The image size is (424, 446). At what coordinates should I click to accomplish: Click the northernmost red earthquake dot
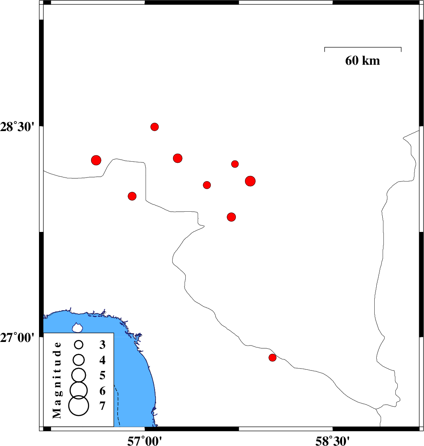point(155,127)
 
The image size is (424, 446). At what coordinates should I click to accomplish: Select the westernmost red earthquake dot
point(96,160)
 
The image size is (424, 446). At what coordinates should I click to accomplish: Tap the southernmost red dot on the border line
point(272,357)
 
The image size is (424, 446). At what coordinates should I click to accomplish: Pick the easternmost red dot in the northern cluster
point(250,181)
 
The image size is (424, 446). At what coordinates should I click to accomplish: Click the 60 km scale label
point(362,61)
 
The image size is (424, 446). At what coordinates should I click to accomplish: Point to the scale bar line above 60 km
point(363,47)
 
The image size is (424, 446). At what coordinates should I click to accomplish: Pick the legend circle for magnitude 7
point(78,406)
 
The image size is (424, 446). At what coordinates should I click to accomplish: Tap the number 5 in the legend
point(102,375)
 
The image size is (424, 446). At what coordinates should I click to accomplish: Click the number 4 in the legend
point(102,360)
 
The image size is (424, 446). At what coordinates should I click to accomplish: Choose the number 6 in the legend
point(102,391)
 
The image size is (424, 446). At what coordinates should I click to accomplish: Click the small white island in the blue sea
point(77,328)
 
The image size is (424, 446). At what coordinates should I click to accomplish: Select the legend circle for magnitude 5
point(78,374)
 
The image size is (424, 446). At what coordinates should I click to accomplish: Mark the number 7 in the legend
point(102,406)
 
